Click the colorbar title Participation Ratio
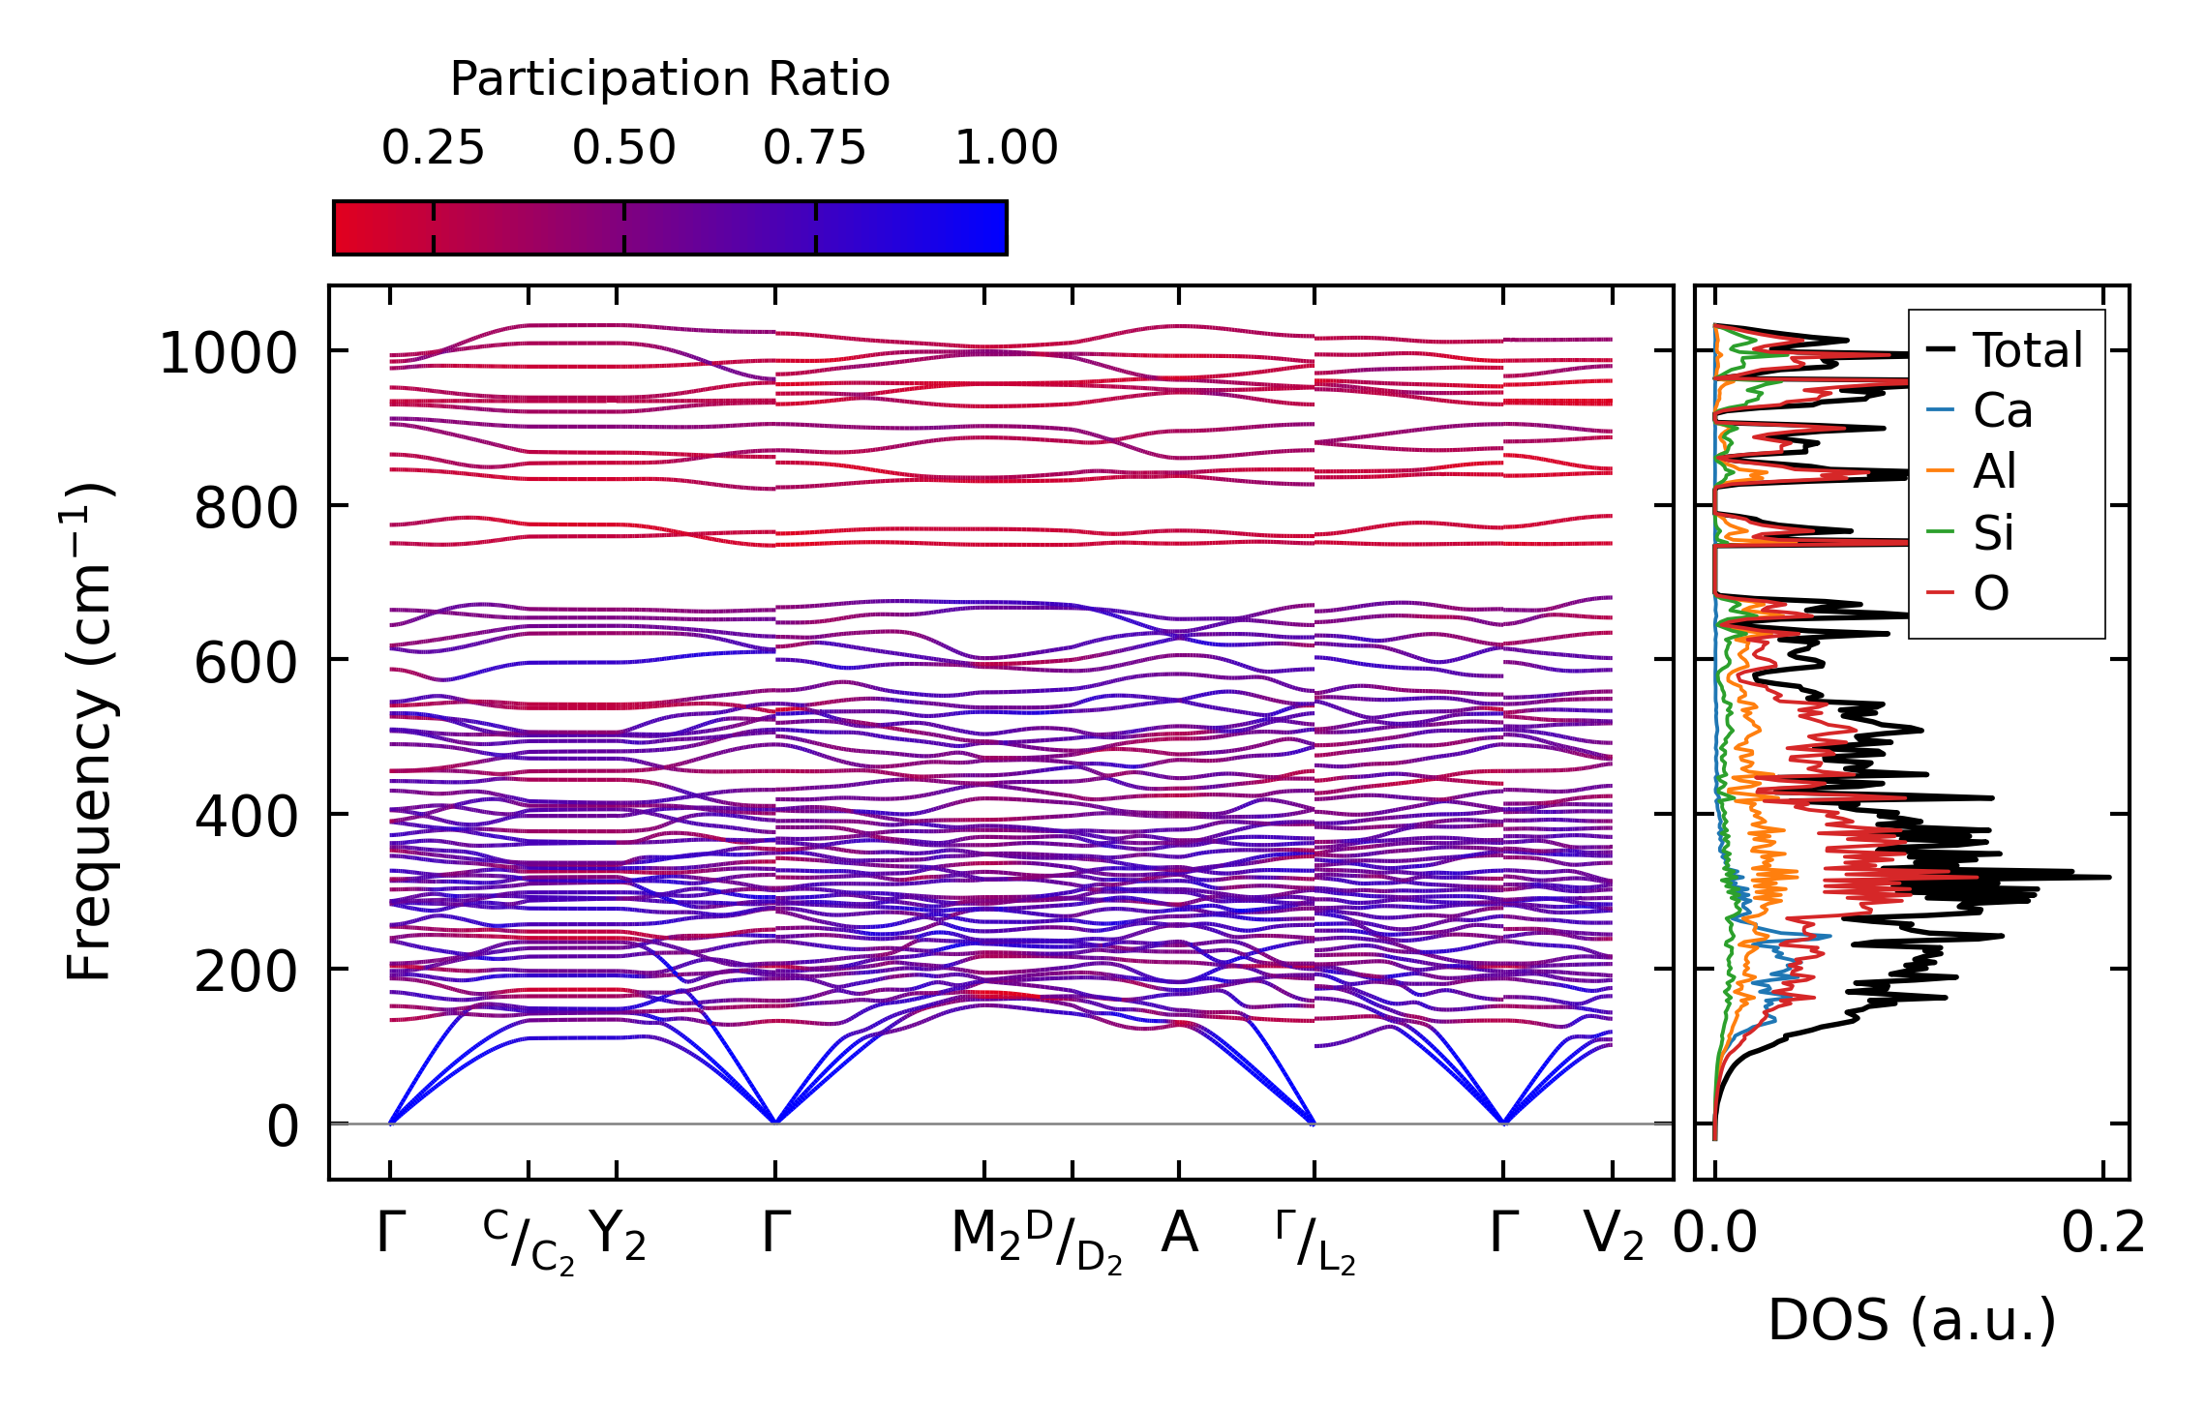pos(670,79)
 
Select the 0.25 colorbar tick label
pos(433,148)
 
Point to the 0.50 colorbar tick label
pos(623,148)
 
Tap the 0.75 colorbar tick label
pos(814,148)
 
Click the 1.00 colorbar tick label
pos(1006,148)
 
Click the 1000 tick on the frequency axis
pos(227,353)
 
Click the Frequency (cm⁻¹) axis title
pos(89,732)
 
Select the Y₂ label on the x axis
pos(617,1235)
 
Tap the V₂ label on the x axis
pos(1613,1235)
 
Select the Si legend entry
pos(1993,532)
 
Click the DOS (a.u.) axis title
pos(1912,1320)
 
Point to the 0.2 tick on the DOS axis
pos(2102,1233)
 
